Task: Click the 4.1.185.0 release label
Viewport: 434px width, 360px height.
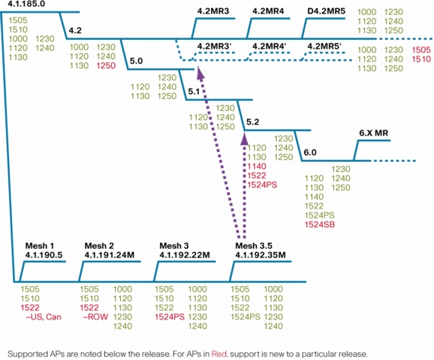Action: click(x=26, y=4)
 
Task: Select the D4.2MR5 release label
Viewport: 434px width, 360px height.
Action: click(x=327, y=11)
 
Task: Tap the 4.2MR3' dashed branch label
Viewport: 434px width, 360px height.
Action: click(x=214, y=46)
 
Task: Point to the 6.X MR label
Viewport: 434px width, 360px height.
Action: click(x=374, y=133)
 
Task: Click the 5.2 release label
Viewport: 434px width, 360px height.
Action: click(x=253, y=122)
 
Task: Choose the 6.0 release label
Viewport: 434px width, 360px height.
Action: click(x=310, y=152)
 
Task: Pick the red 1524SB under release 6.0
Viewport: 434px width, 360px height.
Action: click(x=320, y=224)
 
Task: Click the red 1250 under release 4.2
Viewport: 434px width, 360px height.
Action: click(x=106, y=66)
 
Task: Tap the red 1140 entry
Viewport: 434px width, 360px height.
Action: click(x=257, y=166)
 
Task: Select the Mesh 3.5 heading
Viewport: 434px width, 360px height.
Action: click(x=254, y=245)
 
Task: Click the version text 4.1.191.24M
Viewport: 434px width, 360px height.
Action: click(x=110, y=255)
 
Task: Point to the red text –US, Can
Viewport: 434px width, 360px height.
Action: click(x=44, y=316)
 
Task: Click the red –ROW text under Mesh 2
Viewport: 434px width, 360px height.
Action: click(x=95, y=316)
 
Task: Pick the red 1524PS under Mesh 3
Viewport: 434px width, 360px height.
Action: click(x=170, y=316)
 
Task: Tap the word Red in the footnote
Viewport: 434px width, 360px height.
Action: click(x=219, y=354)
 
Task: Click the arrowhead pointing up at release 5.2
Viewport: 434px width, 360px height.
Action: click(x=244, y=138)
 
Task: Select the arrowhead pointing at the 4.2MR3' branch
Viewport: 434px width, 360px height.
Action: click(x=200, y=72)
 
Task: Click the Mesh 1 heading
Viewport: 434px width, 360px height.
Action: click(x=40, y=245)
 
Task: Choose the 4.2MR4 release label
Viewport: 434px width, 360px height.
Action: click(x=268, y=11)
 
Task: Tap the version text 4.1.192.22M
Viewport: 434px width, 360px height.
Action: click(x=185, y=255)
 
